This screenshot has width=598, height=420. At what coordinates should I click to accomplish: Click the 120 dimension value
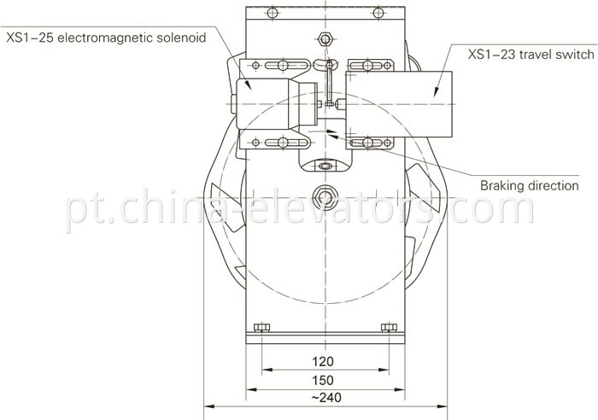point(324,361)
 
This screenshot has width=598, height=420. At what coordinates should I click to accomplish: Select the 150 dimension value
point(324,379)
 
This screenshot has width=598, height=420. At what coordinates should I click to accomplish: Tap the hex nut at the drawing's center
point(325,195)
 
